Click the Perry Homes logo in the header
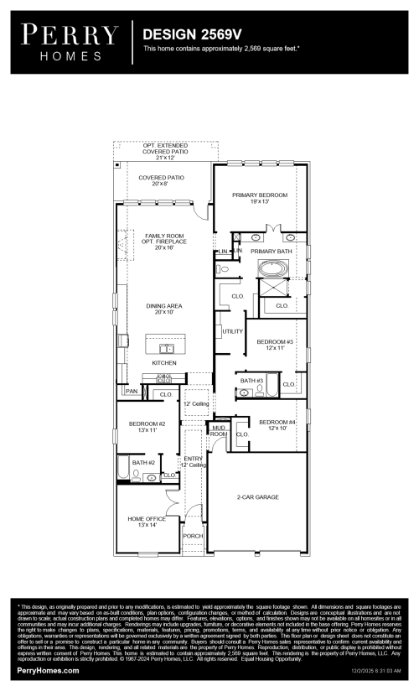click(x=70, y=40)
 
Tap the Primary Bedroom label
click(x=260, y=198)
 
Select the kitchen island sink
click(x=164, y=346)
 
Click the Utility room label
click(x=233, y=331)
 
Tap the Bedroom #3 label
click(x=275, y=345)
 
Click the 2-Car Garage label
click(x=257, y=496)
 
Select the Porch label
click(x=193, y=536)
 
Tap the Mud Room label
click(x=218, y=431)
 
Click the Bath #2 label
click(x=143, y=462)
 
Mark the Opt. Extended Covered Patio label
click(x=166, y=151)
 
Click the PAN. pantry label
click(x=132, y=391)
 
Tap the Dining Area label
click(x=164, y=309)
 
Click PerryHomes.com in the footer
click(x=49, y=671)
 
